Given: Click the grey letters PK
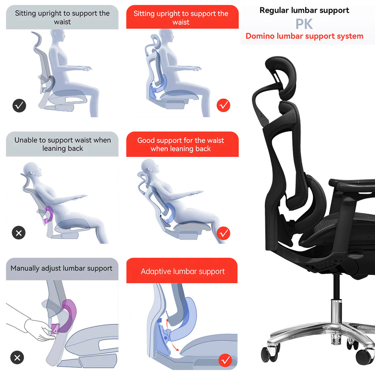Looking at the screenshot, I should (304, 24).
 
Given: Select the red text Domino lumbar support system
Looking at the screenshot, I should (304, 36).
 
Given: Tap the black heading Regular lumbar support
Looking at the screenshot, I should (304, 10).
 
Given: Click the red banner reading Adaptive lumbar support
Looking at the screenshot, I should (182, 271).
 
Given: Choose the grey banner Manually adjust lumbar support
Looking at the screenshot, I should (62, 268).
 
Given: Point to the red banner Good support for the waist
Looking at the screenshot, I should (181, 144).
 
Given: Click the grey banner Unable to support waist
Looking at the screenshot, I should (62, 144).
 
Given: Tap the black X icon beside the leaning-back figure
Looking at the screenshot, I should (19, 233).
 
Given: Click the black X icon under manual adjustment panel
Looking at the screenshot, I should (17, 357).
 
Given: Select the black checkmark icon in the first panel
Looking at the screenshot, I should (19, 106).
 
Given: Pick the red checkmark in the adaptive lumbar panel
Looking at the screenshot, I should (225, 360).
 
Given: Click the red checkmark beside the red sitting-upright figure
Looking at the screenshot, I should (223, 106).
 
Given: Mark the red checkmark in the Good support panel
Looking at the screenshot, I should (223, 233).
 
